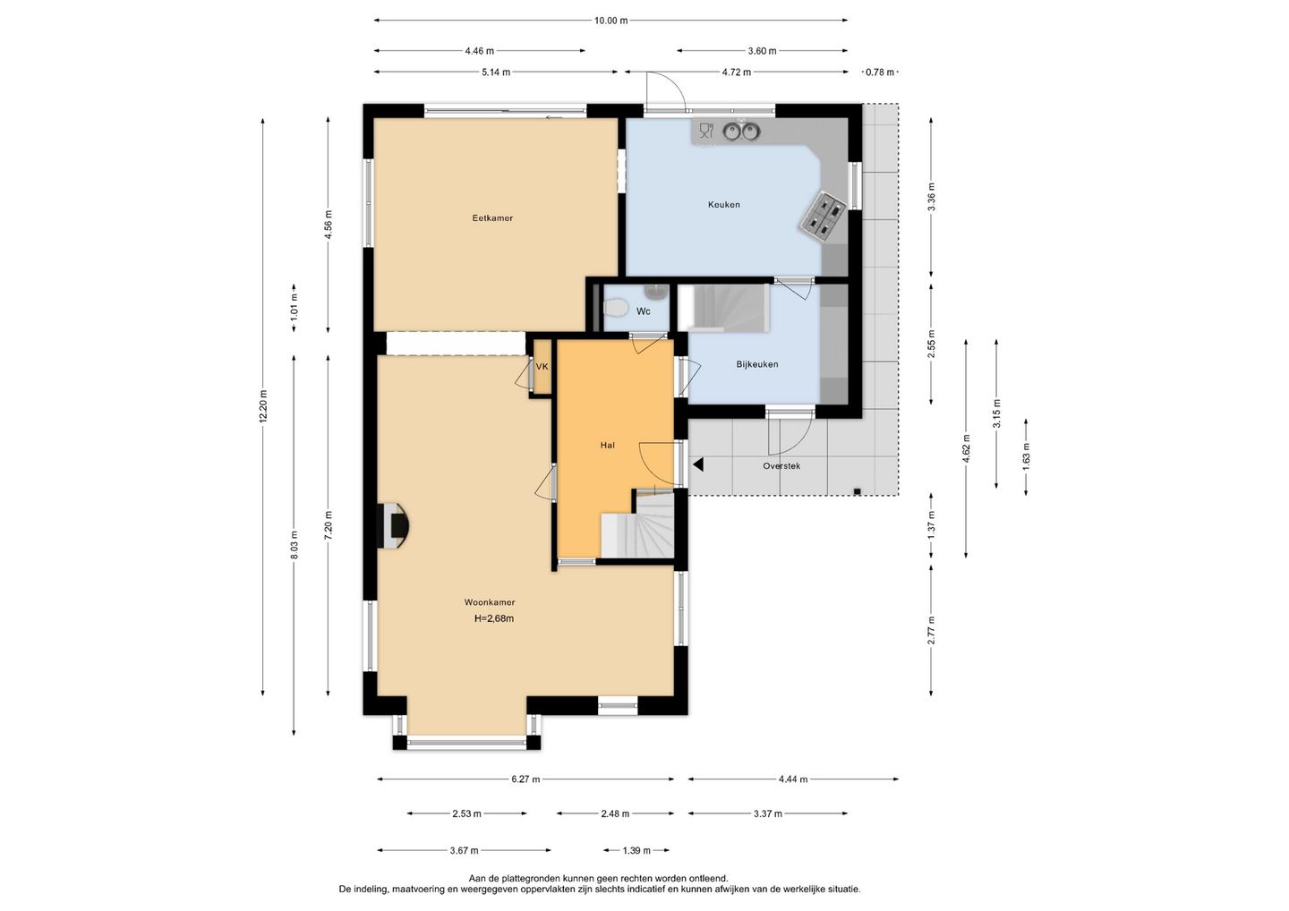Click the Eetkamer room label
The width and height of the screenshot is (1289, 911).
(492, 218)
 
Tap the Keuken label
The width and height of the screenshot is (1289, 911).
(724, 204)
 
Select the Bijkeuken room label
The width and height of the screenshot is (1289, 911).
(757, 364)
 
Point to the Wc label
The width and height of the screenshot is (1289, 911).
(644, 311)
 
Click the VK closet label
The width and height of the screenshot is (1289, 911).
(542, 366)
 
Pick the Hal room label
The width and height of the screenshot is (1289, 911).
(608, 445)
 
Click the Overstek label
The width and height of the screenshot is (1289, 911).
(781, 466)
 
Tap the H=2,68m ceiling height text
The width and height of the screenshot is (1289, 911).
(494, 619)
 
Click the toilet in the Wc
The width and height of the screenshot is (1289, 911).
(615, 308)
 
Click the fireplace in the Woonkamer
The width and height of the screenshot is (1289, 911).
(394, 525)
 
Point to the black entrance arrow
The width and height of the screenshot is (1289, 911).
(698, 464)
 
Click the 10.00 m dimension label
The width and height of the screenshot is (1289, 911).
(611, 21)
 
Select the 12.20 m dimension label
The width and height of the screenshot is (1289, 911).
(263, 406)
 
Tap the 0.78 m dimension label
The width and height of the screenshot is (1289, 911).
(881, 72)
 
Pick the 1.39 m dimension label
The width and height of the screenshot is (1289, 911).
(636, 850)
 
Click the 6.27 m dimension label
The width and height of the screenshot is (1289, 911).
(526, 779)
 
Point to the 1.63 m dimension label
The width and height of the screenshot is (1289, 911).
(1026, 456)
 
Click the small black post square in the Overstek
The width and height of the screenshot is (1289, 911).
(857, 491)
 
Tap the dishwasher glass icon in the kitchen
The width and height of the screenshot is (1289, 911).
(706, 131)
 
